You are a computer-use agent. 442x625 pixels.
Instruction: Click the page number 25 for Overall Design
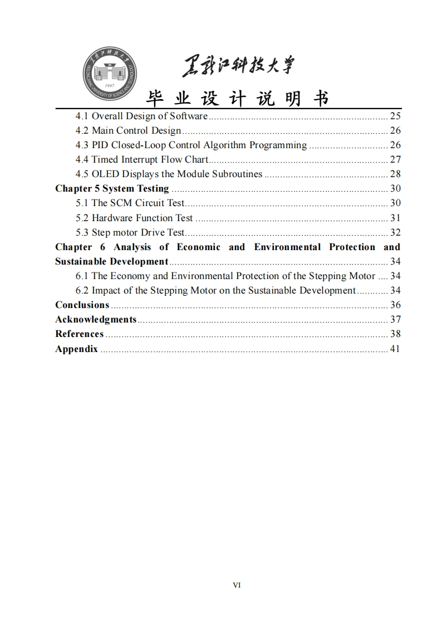pos(395,116)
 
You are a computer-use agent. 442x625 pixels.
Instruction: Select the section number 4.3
pos(82,145)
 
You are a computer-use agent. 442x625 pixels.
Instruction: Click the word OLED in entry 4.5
pos(105,174)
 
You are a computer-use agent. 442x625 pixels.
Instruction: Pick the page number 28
pos(395,174)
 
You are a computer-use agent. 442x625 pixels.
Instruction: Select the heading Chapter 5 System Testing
pos(112,189)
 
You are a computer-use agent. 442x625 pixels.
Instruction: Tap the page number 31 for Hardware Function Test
pos(395,218)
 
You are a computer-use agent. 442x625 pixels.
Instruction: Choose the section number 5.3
pos(82,232)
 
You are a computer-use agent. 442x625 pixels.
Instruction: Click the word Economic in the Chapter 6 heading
pos(198,247)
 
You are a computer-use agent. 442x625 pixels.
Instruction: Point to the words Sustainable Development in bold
pos(111,261)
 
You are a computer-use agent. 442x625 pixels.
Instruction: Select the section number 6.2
pos(82,290)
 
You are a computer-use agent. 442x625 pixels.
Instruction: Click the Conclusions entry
pos(82,305)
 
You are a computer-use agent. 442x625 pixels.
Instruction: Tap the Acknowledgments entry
pos(96,319)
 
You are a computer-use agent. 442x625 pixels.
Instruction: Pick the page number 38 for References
pos(395,334)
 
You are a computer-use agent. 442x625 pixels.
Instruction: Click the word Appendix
pos(76,349)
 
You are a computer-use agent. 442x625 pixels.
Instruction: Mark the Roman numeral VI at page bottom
pos(237,585)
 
